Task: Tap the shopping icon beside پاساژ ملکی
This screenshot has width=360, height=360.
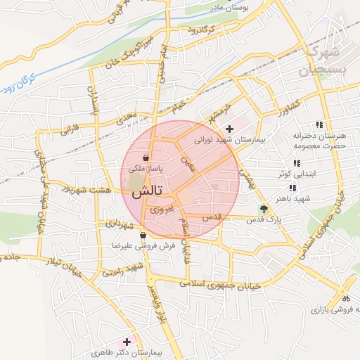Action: (x=145, y=158)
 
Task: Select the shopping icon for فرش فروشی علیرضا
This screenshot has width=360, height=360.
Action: (x=143, y=236)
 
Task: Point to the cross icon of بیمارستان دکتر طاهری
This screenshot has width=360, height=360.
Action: (x=127, y=342)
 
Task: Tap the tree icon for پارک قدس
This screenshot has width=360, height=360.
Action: (x=264, y=209)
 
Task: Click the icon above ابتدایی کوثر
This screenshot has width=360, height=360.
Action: (x=297, y=163)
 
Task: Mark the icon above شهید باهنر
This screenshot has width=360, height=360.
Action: (x=292, y=188)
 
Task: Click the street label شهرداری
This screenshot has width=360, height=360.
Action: (x=120, y=226)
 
